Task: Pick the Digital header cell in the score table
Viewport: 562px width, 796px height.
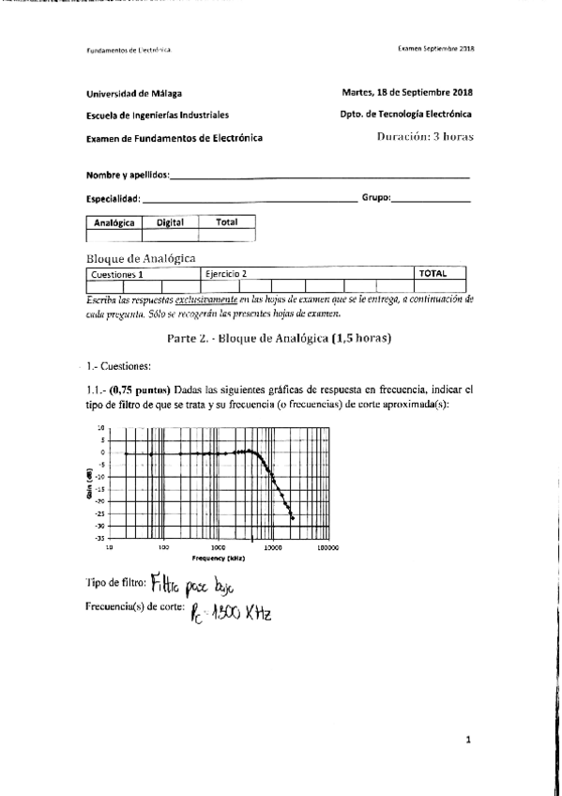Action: tap(170, 222)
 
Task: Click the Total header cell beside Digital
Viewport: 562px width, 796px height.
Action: tap(226, 222)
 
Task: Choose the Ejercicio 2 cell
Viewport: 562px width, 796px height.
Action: tap(225, 274)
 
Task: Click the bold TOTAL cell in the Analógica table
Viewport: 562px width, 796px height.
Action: tap(432, 274)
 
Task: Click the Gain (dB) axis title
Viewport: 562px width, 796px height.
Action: tap(87, 482)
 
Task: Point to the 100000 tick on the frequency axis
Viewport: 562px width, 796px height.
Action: tap(327, 546)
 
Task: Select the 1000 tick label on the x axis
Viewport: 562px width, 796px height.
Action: tap(219, 546)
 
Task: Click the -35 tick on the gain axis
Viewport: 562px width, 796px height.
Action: tap(100, 538)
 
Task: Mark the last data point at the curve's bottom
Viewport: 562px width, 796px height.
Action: tap(293, 518)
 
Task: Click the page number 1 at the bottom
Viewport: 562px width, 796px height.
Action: tap(468, 740)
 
